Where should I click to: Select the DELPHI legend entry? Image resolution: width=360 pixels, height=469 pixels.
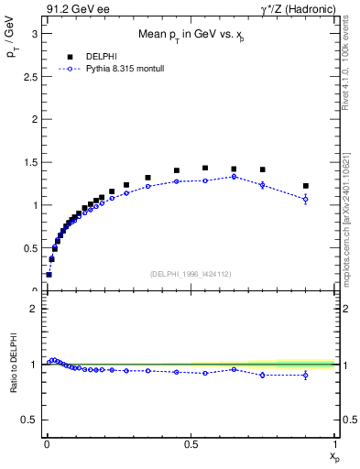99,56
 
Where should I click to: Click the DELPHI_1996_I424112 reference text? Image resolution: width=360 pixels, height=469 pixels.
190,273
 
